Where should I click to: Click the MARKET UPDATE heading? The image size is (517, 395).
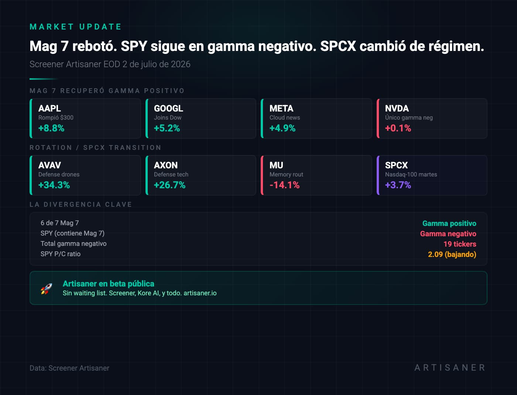point(75,27)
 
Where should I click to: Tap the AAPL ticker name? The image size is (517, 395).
point(49,108)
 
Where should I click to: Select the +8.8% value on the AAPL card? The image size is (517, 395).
point(51,128)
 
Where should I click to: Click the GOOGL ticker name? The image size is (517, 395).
point(168,108)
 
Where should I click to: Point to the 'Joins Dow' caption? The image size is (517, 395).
point(168,117)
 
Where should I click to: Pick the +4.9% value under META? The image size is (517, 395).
point(283,128)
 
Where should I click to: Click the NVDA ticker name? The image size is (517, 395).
point(397,108)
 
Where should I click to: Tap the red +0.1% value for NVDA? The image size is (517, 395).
point(398,128)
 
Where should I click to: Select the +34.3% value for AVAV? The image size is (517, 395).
point(54,185)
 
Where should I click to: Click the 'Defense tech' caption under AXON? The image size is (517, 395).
point(171,175)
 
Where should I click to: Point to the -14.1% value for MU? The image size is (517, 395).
point(284,185)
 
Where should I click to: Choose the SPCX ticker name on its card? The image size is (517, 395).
point(396,165)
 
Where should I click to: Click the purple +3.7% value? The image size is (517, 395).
point(398,185)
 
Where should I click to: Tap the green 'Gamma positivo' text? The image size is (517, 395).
point(449,223)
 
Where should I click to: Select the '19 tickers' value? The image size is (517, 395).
point(460,244)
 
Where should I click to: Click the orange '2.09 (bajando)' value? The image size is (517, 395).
point(452,254)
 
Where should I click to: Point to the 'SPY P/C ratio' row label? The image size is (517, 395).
point(61,254)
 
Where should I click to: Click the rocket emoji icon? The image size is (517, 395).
point(46,289)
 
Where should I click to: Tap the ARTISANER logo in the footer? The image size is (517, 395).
point(450,367)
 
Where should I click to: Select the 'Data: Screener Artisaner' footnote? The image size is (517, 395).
point(69,368)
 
